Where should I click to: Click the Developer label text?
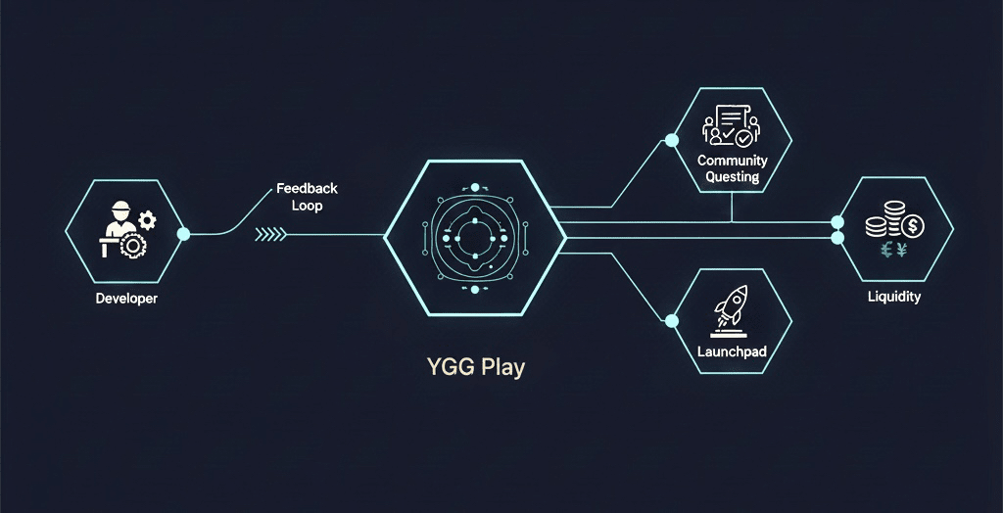pyautogui.click(x=126, y=299)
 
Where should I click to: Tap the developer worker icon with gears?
pyautogui.click(x=124, y=231)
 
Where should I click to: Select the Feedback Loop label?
pyautogui.click(x=307, y=197)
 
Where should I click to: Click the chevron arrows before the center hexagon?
pyautogui.click(x=270, y=234)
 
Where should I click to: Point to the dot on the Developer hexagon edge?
pyautogui.click(x=183, y=233)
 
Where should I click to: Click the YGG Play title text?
pyautogui.click(x=475, y=368)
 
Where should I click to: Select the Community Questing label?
pyautogui.click(x=732, y=168)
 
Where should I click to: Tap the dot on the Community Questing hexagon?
pyautogui.click(x=672, y=141)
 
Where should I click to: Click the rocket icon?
pyautogui.click(x=732, y=307)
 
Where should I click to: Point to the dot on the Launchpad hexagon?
pyautogui.click(x=672, y=320)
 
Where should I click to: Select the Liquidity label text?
pyautogui.click(x=894, y=297)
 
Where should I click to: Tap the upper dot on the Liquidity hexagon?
pyautogui.click(x=837, y=221)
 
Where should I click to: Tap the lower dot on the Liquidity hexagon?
pyautogui.click(x=837, y=238)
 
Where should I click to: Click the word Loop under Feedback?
pyautogui.click(x=307, y=207)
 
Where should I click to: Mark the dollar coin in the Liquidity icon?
pyautogui.click(x=912, y=227)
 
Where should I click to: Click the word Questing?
pyautogui.click(x=732, y=177)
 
